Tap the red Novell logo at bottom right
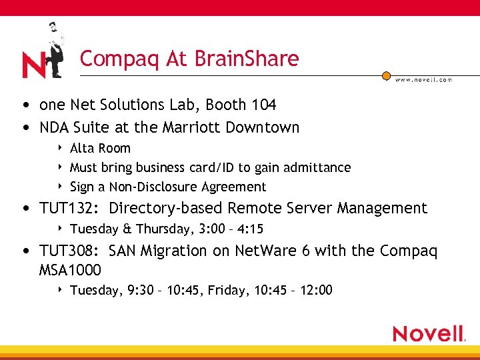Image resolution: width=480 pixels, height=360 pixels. click(x=429, y=333)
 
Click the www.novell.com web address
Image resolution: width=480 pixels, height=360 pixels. click(x=423, y=80)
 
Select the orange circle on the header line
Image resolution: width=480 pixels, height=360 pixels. click(x=386, y=76)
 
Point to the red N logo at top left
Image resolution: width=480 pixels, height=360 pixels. click(x=33, y=65)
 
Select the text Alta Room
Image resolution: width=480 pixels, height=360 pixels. click(x=100, y=148)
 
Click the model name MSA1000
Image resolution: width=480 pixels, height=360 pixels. click(x=70, y=270)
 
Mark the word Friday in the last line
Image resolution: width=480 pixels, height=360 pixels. click(x=235, y=290)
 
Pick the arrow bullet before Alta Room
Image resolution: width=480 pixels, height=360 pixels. click(x=61, y=148)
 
